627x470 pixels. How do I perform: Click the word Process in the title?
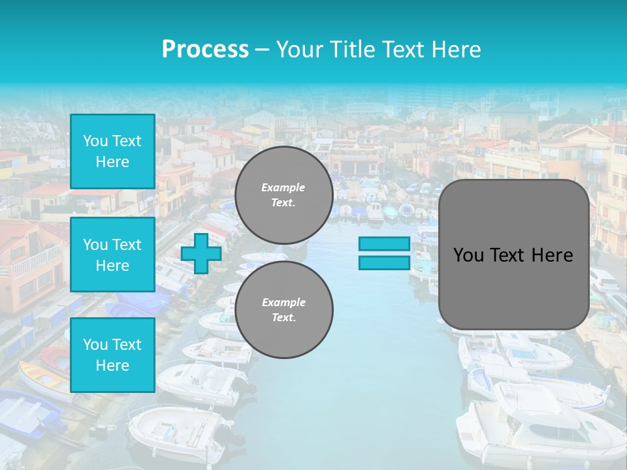coord(205,50)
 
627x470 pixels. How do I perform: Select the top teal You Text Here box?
coord(112,151)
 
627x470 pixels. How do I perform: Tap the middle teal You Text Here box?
coord(112,255)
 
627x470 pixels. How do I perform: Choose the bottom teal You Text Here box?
coord(112,355)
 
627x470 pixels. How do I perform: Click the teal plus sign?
coord(201,253)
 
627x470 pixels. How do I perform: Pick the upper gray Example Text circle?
coord(283,195)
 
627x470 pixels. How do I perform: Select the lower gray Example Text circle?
coord(283,310)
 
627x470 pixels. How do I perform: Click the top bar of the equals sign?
coord(384,244)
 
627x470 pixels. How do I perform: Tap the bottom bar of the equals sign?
coord(384,263)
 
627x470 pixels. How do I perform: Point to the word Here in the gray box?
coord(552,255)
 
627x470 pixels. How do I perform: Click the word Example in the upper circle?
coord(283,187)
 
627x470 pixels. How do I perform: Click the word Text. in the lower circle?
coord(283,318)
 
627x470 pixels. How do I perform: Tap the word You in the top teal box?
coord(95,141)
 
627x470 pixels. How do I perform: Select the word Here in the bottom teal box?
coord(112,366)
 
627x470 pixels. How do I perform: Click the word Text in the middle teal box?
coord(127,245)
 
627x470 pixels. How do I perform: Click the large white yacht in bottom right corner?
coord(542,424)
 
